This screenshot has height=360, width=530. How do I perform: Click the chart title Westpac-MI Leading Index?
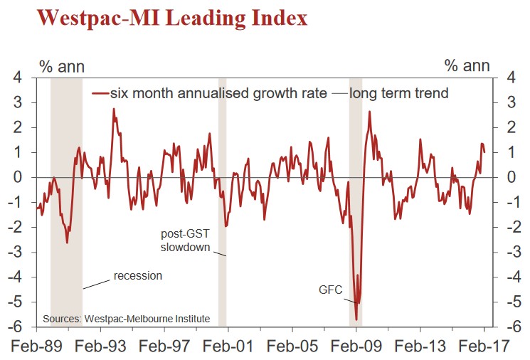point(172,18)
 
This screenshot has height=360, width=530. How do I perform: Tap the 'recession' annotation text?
point(138,276)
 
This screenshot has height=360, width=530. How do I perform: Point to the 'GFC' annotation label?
point(329,290)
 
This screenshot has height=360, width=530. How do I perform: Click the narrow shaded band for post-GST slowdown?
point(222,213)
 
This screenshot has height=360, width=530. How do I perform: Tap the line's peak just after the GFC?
point(369,112)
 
